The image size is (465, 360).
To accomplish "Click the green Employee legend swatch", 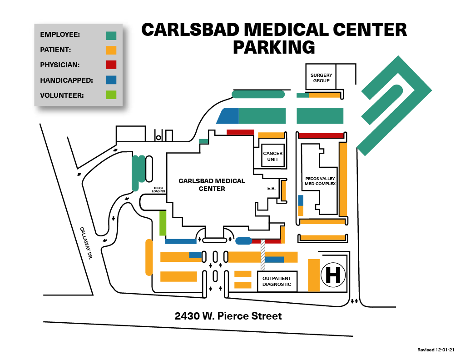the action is tap(111, 35).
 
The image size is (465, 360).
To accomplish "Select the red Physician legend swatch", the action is tap(111, 65).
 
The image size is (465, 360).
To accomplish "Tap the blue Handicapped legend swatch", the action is tap(111, 80).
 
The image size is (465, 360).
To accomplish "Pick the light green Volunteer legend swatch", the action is tap(111, 95).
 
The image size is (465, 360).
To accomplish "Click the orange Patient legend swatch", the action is tap(111, 50).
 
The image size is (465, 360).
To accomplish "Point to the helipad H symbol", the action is tap(333, 275).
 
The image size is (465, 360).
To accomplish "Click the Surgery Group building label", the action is tap(321, 78).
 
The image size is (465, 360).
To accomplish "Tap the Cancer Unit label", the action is tap(273, 156).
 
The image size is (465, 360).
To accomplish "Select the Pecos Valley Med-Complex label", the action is tap(320, 181).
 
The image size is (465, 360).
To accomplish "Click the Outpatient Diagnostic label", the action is tap(277, 281).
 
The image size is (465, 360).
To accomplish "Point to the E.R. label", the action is tap(272, 189).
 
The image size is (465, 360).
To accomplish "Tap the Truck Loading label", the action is tap(158, 190).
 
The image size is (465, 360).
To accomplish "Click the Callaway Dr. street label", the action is tap(86, 243).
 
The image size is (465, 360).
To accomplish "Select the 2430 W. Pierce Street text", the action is tap(228, 316).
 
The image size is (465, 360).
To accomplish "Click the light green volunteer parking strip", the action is tap(163, 223).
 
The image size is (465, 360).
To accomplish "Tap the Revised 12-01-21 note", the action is tap(435, 350).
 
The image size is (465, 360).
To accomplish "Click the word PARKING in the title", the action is tap(274, 47).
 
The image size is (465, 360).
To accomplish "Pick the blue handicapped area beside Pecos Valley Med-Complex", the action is tap(301, 200).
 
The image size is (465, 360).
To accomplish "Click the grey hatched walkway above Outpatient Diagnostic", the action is tap(263, 255).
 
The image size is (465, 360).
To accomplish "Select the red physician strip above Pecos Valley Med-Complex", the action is tap(321, 135).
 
